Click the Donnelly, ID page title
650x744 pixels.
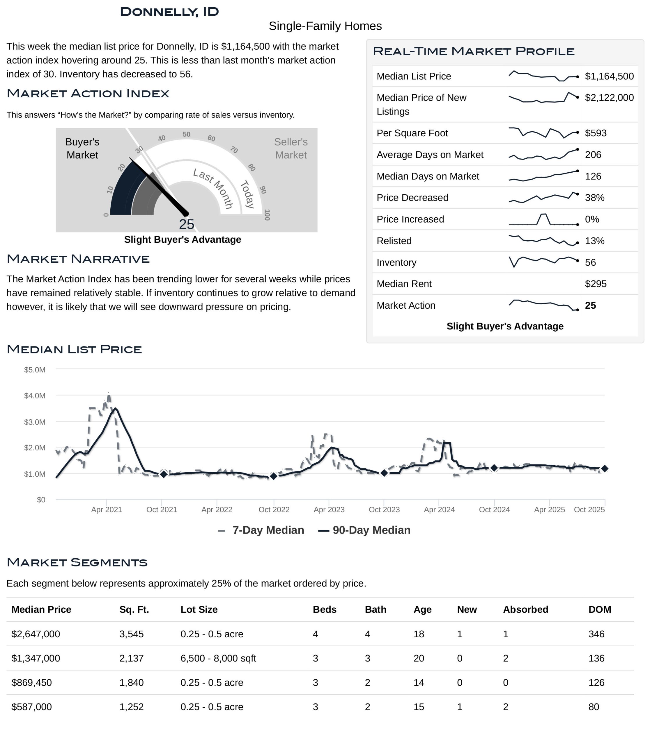pyautogui.click(x=169, y=12)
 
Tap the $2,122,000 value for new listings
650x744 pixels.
pyautogui.click(x=609, y=97)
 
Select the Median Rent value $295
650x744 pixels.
pyautogui.click(x=595, y=284)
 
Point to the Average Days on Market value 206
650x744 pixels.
pyautogui.click(x=593, y=155)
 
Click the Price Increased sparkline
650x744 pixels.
pyautogui.click(x=543, y=219)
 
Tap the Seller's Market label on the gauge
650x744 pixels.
pyautogui.click(x=291, y=148)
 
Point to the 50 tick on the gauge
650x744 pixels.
pyautogui.click(x=186, y=134)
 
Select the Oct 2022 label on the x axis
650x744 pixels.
pyautogui.click(x=274, y=510)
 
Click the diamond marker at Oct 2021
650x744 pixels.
pyautogui.click(x=164, y=474)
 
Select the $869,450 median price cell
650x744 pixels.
pyautogui.click(x=31, y=682)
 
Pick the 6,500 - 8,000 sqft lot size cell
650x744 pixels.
pyautogui.click(x=218, y=658)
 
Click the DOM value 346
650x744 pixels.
pyautogui.click(x=596, y=634)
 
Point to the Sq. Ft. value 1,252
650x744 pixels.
pyautogui.click(x=131, y=707)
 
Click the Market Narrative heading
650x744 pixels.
pyautogui.click(x=78, y=259)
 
